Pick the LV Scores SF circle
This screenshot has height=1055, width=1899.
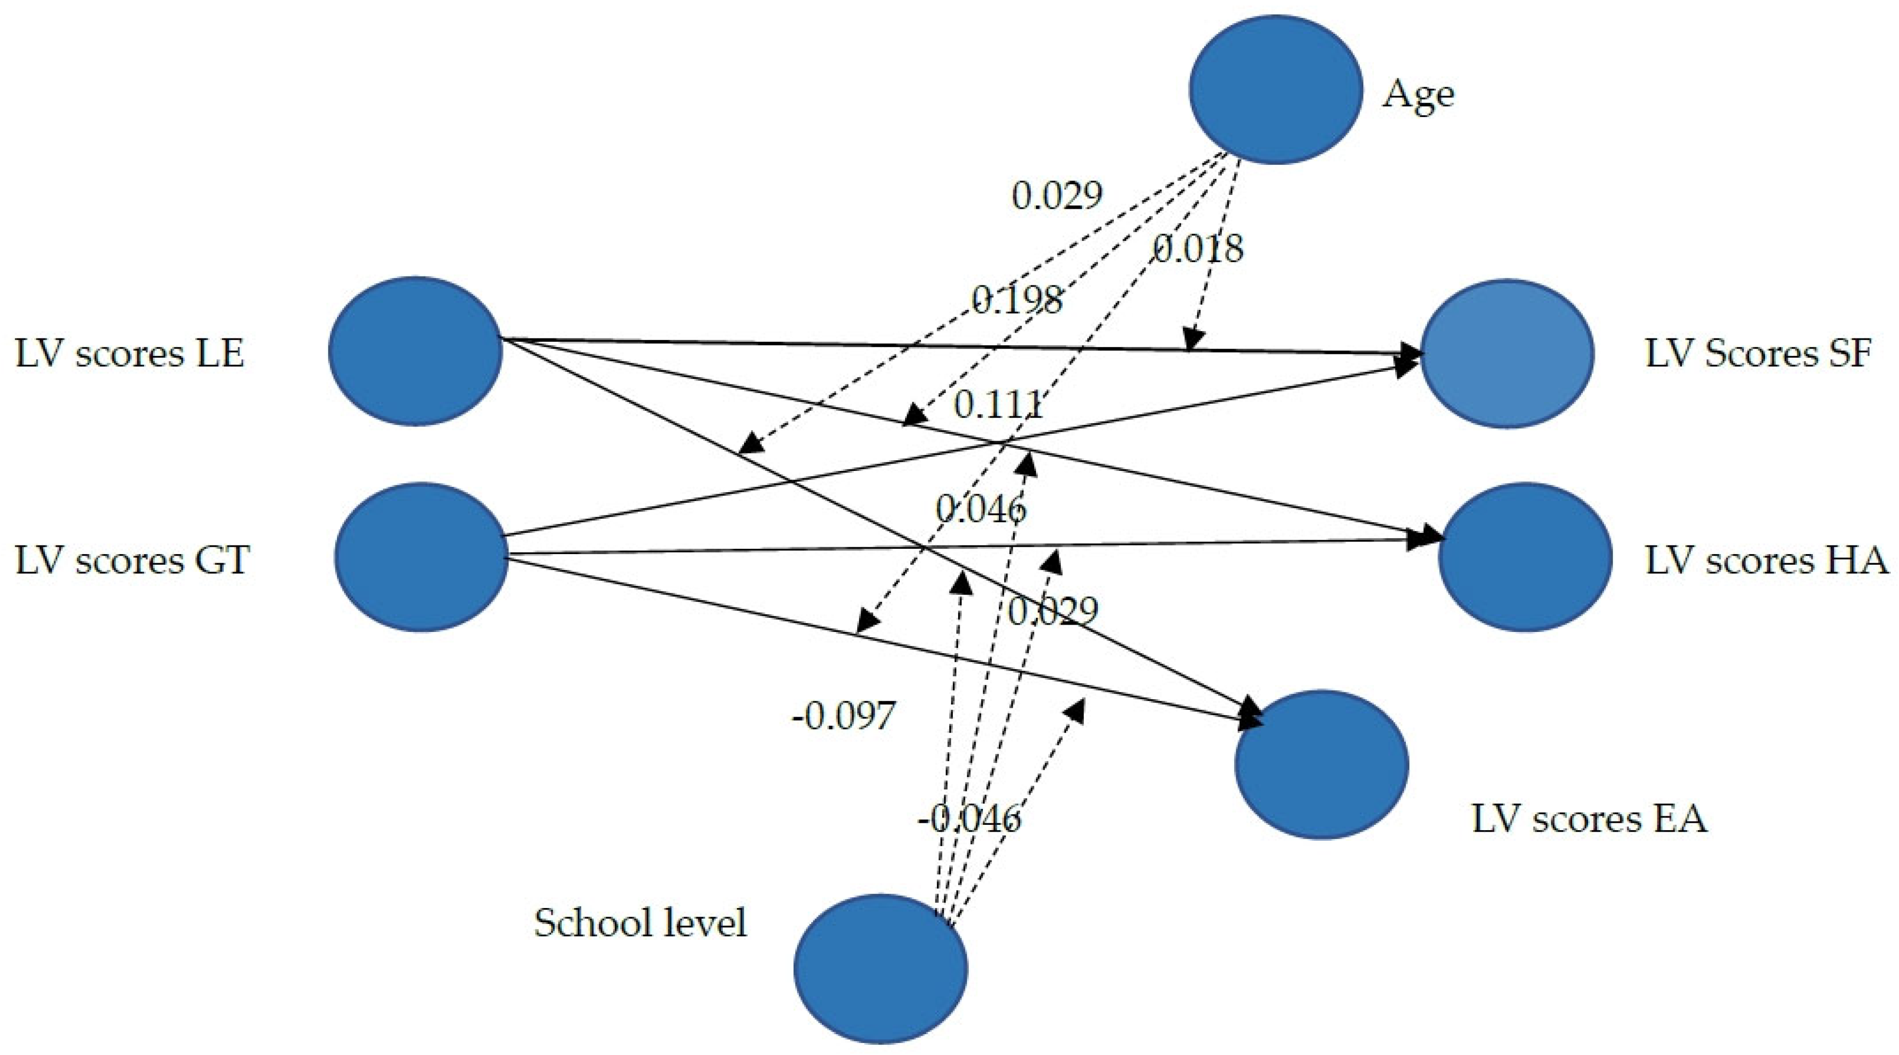tap(1507, 352)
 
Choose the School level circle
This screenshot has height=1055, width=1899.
tap(880, 968)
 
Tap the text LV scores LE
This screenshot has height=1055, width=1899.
tap(130, 354)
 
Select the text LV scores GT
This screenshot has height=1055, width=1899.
tap(132, 560)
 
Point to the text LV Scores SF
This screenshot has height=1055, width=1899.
tap(1758, 354)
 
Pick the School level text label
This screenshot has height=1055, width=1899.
tap(640, 923)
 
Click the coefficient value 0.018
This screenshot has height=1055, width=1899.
tap(1198, 249)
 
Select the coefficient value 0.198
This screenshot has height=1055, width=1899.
tap(1017, 299)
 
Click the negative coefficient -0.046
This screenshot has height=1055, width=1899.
tap(969, 819)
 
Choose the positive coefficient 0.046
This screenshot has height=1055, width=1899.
tap(980, 509)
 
